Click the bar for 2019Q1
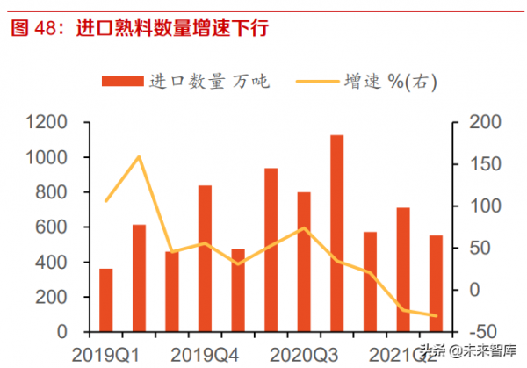[x=106, y=300]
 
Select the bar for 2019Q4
[x=205, y=259]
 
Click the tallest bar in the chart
[x=336, y=234]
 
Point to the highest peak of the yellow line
[x=139, y=157]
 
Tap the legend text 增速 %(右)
[x=395, y=82]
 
